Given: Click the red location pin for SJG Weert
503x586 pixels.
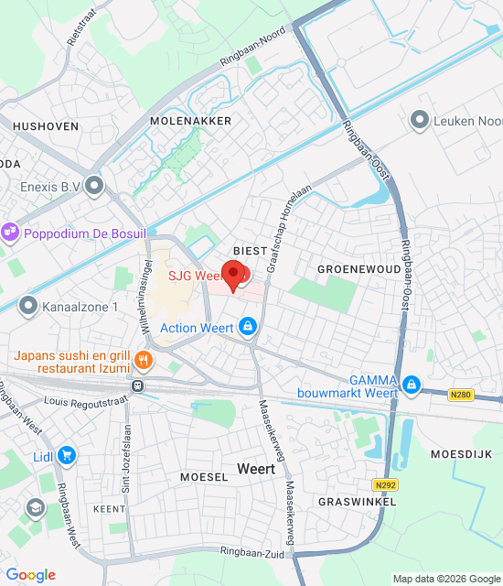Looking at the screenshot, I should [x=235, y=275].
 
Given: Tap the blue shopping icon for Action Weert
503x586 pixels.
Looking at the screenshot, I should [x=247, y=326].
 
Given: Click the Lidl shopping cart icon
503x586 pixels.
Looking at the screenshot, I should [x=67, y=454].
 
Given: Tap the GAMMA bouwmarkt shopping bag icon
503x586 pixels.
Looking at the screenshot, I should [x=412, y=384].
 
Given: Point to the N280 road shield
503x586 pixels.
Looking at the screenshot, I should [x=461, y=396].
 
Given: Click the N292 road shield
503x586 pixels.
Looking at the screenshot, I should [x=384, y=483].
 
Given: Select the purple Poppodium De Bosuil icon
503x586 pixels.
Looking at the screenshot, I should [x=10, y=233].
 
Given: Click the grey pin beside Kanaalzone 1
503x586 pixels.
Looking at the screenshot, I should [x=28, y=306].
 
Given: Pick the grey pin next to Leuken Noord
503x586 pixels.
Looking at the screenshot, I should [x=420, y=119].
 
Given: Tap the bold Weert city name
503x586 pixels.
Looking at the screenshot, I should [x=255, y=468].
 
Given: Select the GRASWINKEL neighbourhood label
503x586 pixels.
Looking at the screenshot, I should [x=357, y=503].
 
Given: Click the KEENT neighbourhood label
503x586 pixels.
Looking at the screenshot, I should [x=110, y=508].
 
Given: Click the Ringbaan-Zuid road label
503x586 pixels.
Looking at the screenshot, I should [x=251, y=552].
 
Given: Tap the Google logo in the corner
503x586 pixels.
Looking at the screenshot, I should [x=30, y=574].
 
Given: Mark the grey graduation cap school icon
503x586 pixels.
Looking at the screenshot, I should [x=36, y=507].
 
